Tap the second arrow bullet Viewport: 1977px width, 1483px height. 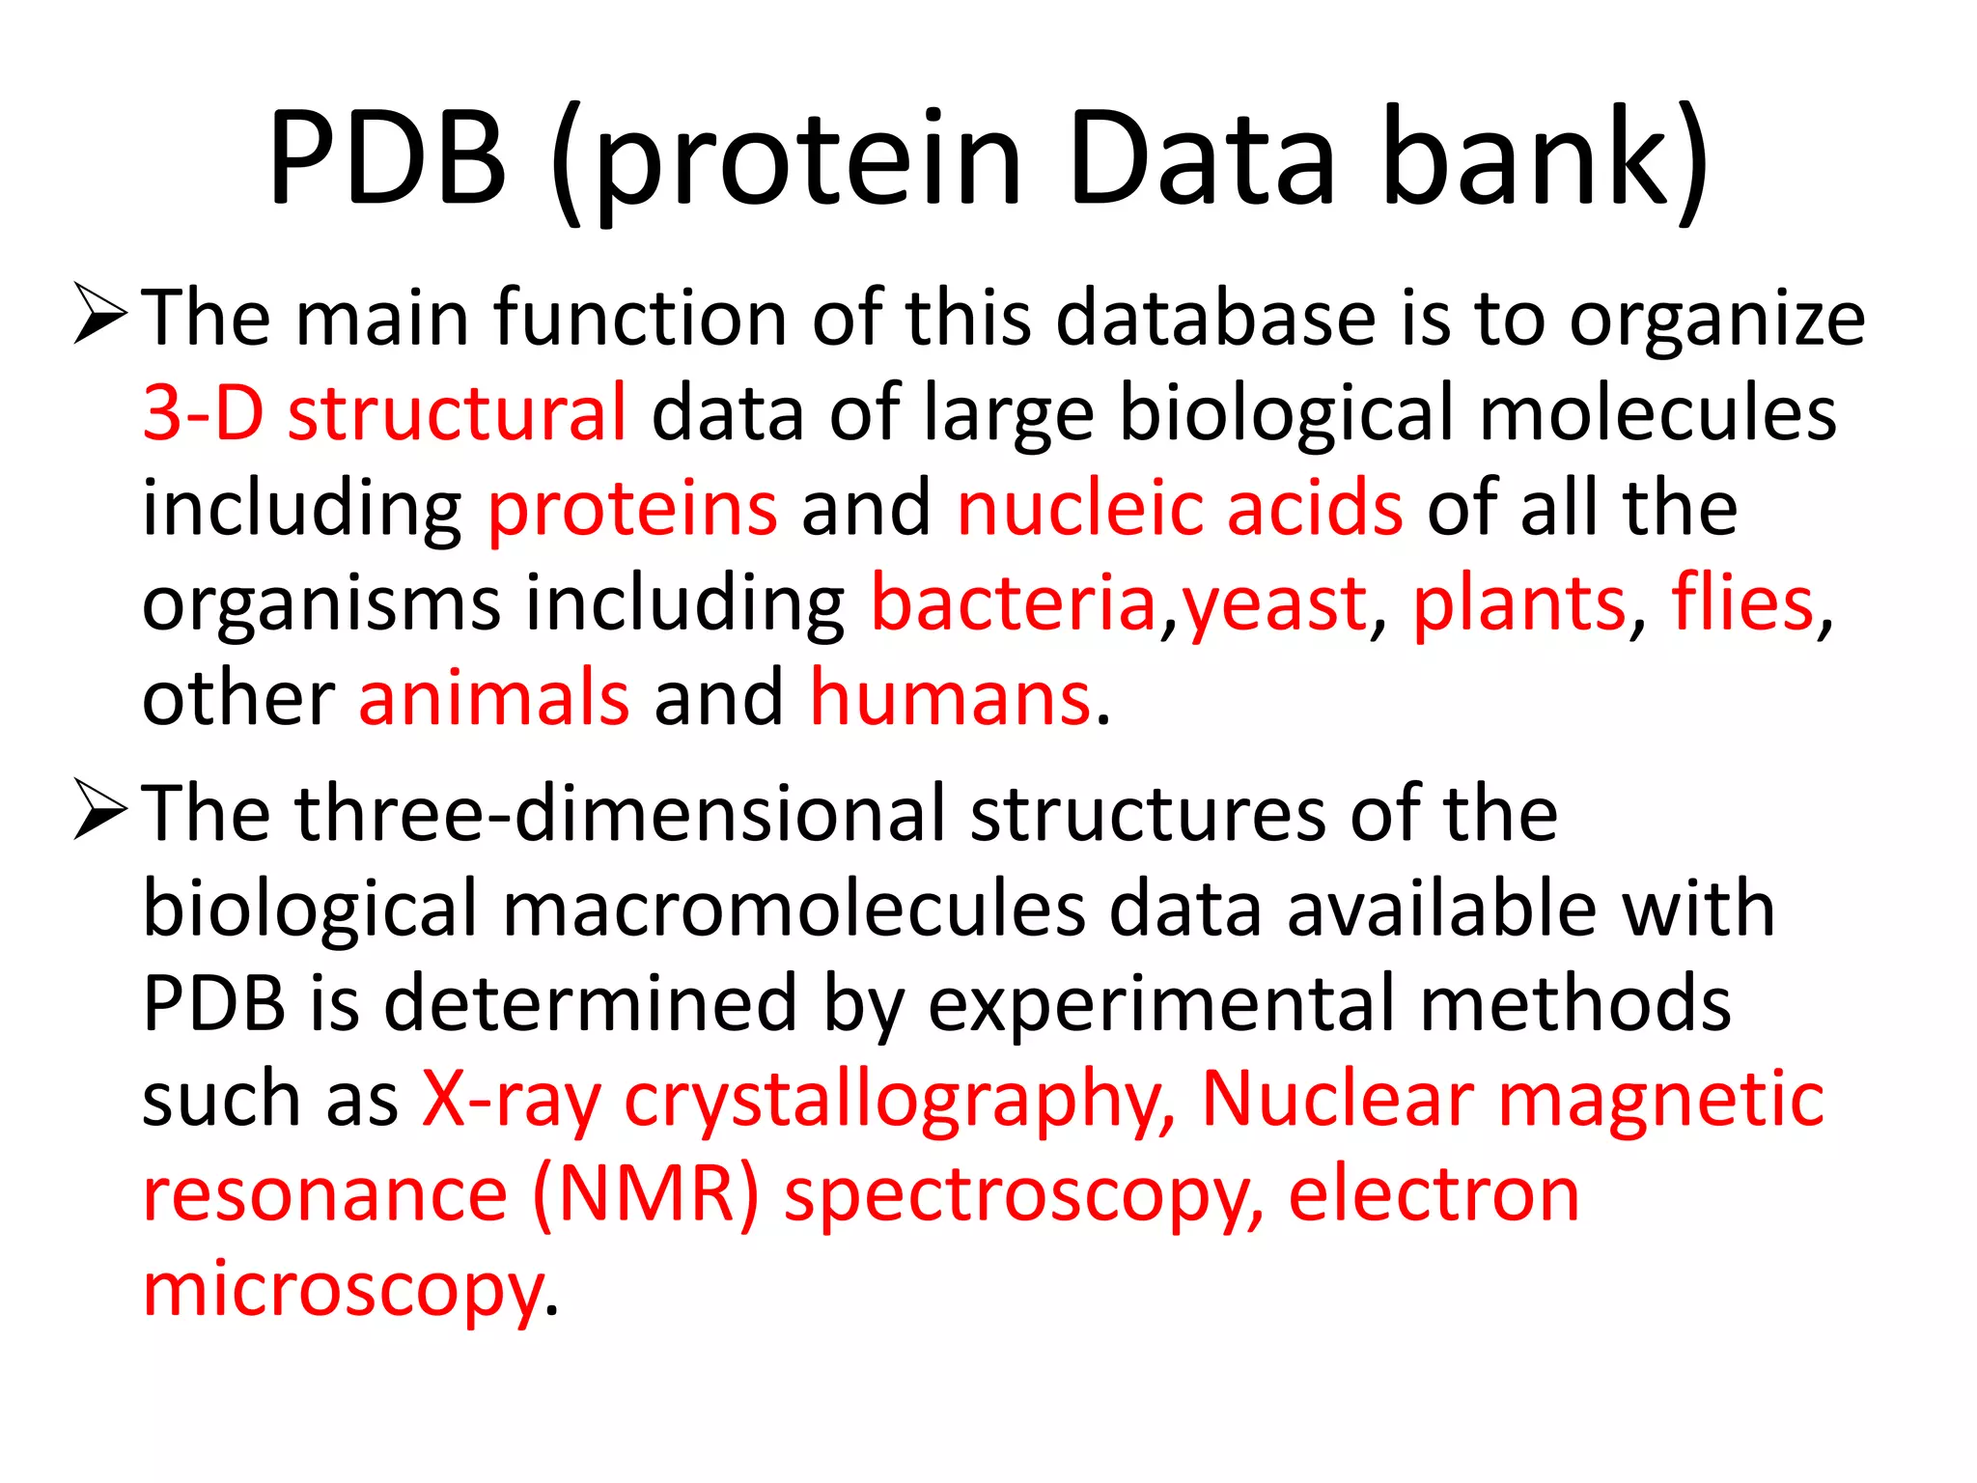[x=99, y=811]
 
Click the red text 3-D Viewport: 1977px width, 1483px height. [x=203, y=413]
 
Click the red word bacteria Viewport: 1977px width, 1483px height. [x=1014, y=603]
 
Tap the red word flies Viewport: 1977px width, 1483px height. [x=1742, y=603]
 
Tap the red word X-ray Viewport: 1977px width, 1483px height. [x=512, y=1101]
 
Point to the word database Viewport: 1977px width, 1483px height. [x=1215, y=318]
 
